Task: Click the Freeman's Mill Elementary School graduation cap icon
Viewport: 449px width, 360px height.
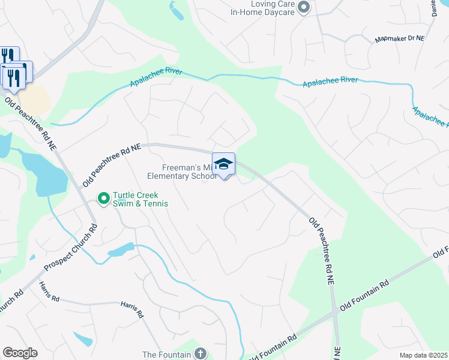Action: (223, 164)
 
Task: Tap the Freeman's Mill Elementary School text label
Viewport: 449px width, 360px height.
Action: (182, 172)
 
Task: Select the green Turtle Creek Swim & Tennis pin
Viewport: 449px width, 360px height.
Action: (103, 197)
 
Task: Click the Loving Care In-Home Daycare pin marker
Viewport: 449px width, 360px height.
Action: (304, 7)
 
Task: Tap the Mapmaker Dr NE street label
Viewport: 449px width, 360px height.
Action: (399, 39)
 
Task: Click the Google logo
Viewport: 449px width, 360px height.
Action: (20, 353)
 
